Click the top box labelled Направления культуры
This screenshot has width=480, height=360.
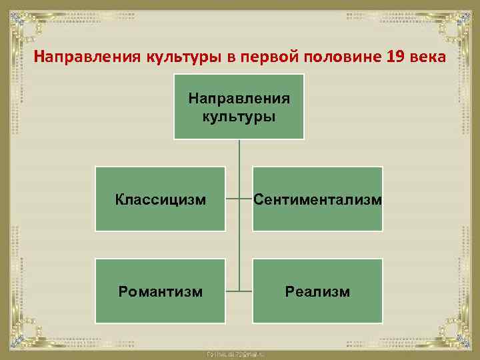(x=239, y=107)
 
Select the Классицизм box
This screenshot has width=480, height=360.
(x=160, y=199)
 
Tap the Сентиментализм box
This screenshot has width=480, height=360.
(x=317, y=199)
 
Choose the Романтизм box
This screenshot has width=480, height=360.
(x=160, y=291)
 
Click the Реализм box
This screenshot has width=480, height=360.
(x=317, y=291)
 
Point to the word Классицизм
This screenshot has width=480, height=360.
(x=160, y=199)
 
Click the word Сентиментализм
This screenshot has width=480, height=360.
(x=317, y=199)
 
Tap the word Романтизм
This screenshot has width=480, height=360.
(x=160, y=291)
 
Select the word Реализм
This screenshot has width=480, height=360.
(x=317, y=291)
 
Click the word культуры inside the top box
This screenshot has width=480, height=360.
(x=239, y=117)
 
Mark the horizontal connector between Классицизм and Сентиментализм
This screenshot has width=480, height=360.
(x=239, y=199)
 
